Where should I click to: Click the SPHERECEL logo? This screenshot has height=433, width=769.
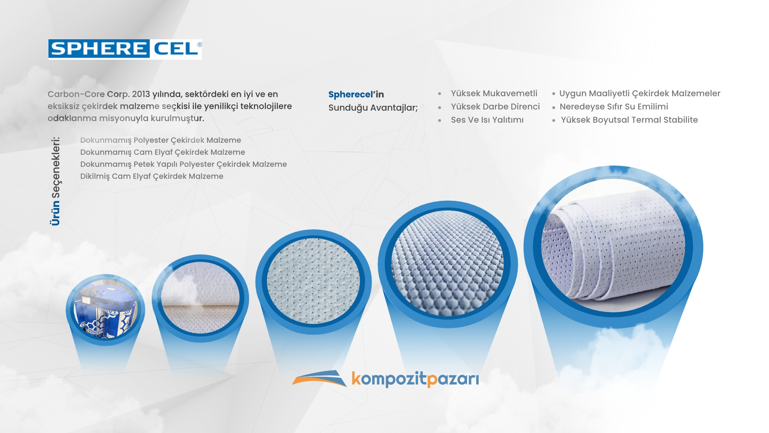click(125, 49)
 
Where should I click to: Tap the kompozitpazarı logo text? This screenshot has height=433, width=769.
click(415, 379)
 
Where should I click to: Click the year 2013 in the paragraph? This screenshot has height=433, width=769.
click(141, 94)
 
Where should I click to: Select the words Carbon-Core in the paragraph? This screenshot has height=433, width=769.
click(76, 94)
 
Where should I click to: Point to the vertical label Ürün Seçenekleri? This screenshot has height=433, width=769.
click(55, 181)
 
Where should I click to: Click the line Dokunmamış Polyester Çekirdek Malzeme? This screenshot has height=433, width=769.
click(161, 140)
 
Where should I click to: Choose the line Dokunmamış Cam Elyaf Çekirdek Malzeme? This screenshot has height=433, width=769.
click(163, 152)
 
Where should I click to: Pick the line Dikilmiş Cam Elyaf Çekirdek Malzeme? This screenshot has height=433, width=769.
click(152, 176)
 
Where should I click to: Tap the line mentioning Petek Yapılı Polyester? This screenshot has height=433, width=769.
click(183, 164)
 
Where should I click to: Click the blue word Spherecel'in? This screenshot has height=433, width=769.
click(356, 95)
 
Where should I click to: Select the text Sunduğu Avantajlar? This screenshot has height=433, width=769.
click(373, 108)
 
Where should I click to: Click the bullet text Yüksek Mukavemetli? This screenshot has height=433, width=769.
click(494, 93)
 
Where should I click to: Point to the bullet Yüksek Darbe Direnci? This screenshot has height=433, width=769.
click(495, 107)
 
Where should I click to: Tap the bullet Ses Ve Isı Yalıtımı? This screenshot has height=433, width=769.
click(487, 120)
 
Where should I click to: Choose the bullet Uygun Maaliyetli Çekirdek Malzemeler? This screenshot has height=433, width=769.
click(640, 93)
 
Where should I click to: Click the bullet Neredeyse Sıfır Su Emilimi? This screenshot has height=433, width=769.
click(614, 107)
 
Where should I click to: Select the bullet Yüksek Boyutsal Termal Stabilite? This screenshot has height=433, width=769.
click(629, 120)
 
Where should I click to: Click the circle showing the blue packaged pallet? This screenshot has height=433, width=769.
click(105, 310)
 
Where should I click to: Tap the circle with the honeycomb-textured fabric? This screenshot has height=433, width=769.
click(448, 264)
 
